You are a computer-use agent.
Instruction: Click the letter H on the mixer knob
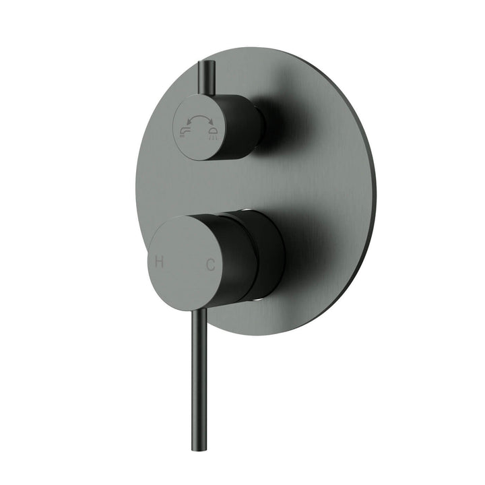click(160, 262)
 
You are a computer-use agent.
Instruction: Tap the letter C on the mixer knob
click(210, 265)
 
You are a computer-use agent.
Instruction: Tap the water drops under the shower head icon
click(213, 136)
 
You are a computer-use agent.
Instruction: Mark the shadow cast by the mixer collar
click(310, 256)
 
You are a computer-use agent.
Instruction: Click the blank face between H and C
click(185, 263)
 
